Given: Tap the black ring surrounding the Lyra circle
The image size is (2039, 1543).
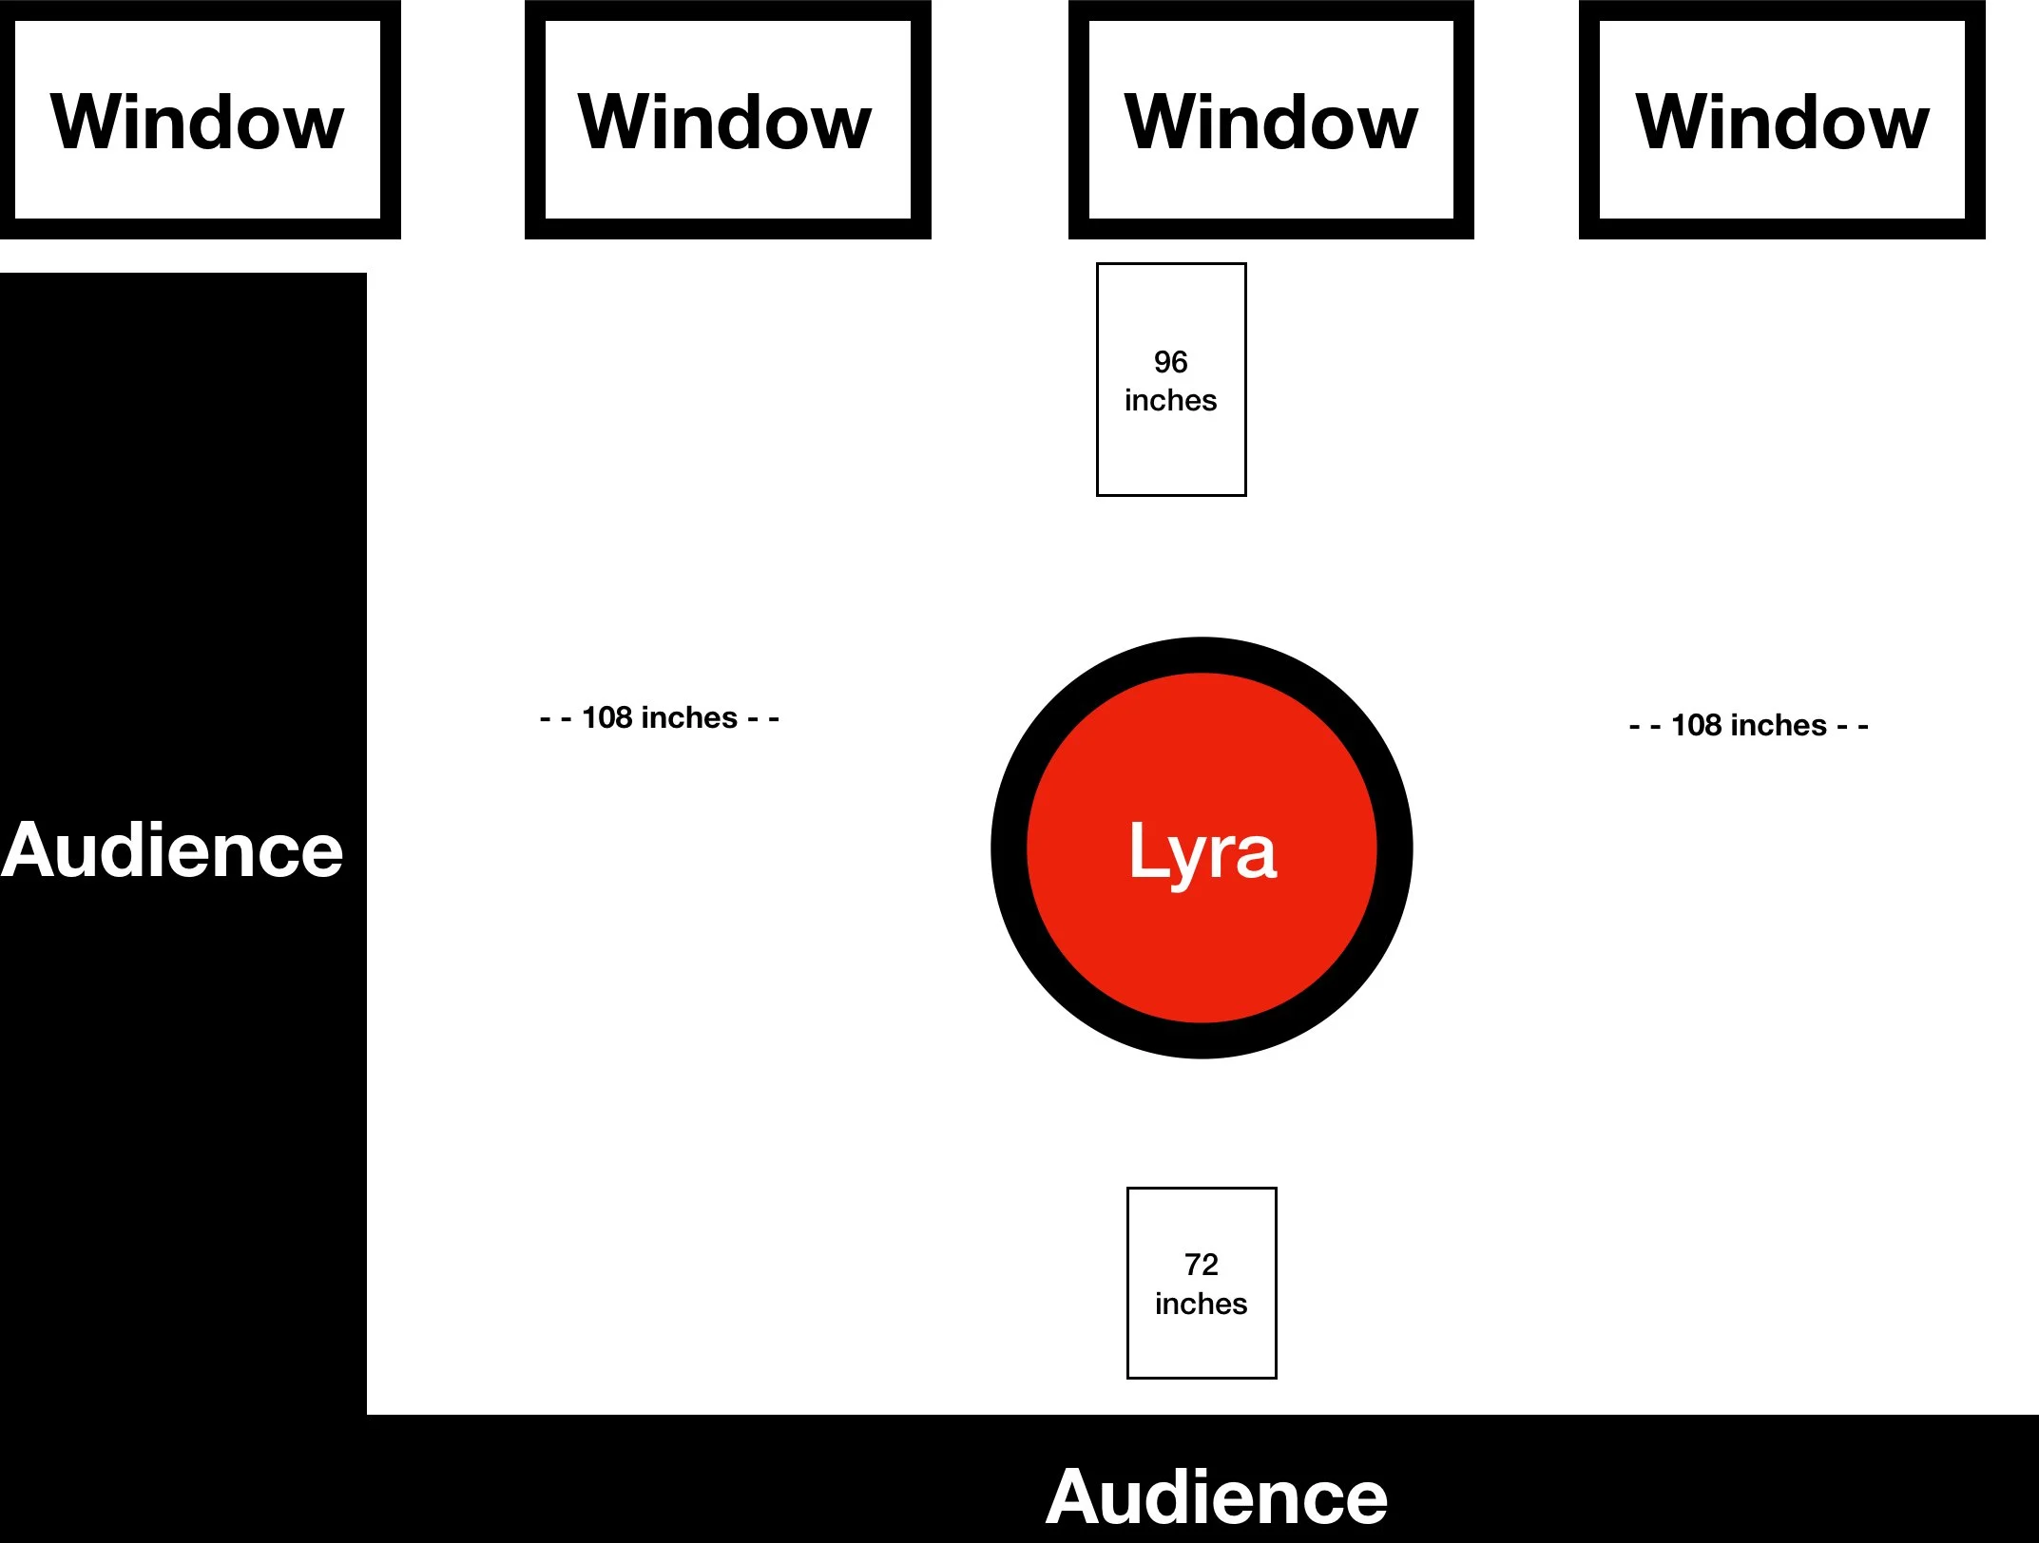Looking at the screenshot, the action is (x=1009, y=848).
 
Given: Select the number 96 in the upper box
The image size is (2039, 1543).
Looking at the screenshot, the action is (x=1171, y=362).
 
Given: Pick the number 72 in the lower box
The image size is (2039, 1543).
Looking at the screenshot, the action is (x=1202, y=1265).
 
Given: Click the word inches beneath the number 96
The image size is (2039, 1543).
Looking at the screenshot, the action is (x=1171, y=400).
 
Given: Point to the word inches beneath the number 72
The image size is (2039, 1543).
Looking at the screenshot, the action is (x=1202, y=1304).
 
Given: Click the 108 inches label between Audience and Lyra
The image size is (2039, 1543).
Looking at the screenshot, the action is (x=660, y=718).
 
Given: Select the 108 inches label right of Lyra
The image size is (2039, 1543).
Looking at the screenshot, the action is (x=1749, y=726).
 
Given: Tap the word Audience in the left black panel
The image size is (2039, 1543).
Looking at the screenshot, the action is (x=172, y=850).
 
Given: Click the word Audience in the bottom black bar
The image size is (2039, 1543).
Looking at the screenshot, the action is (x=1217, y=1497).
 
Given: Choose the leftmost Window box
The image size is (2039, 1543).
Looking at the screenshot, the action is (x=199, y=120).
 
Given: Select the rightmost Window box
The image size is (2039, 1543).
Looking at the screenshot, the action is (x=1782, y=120).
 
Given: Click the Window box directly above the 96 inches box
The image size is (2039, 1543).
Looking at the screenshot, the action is (x=1272, y=120).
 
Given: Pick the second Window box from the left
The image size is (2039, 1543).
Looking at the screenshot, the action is (x=728, y=120).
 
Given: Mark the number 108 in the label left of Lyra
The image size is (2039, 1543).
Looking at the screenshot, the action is (x=606, y=718).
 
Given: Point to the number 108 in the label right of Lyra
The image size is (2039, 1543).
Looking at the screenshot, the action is (x=1697, y=726).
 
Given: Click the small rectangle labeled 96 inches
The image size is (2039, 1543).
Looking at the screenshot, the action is (x=1171, y=380).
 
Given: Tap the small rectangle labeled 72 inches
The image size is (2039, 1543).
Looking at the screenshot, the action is (x=1202, y=1283).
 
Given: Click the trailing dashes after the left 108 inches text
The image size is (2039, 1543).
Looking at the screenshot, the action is (x=763, y=719).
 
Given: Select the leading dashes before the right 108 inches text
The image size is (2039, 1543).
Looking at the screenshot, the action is (x=1645, y=728).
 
